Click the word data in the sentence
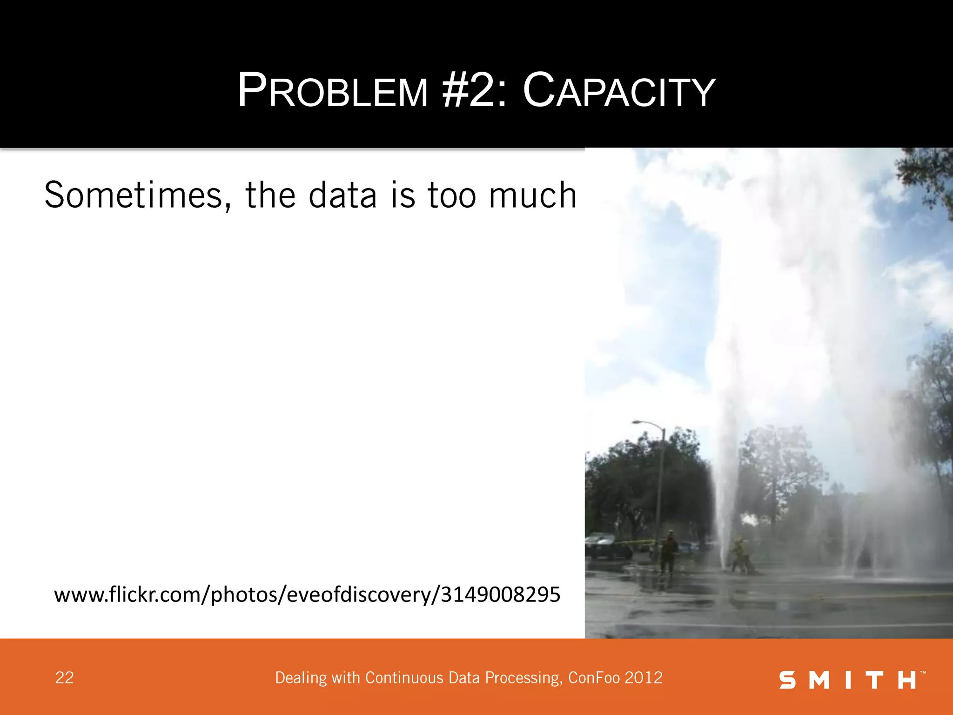[x=342, y=196]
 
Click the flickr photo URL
[x=307, y=595]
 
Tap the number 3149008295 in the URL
[x=500, y=594]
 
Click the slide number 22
[x=64, y=678]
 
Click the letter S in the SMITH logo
[x=787, y=680]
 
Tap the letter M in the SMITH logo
[x=819, y=680]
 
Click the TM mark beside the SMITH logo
[x=923, y=673]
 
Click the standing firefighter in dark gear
[x=669, y=552]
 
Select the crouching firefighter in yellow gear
[x=739, y=554]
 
